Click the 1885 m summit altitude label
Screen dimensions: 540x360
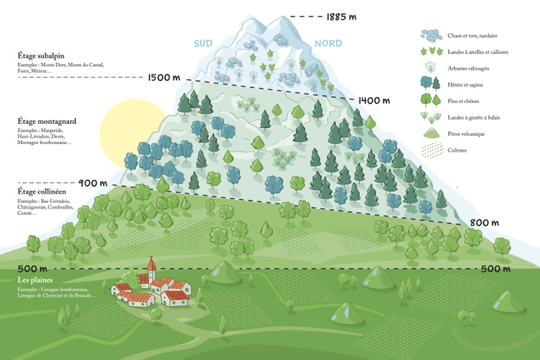tap(341, 17)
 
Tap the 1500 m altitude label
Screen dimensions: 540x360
tap(163, 77)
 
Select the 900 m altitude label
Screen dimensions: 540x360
tap(92, 183)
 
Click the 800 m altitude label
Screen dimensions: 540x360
tap(485, 223)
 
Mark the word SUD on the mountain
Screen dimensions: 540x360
tap(205, 43)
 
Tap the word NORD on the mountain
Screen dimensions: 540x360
tap(328, 43)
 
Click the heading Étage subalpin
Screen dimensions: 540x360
tap(40, 56)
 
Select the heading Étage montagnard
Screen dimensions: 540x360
tap(47, 121)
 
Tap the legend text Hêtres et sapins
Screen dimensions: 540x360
tap(465, 84)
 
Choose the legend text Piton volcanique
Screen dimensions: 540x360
tap(466, 133)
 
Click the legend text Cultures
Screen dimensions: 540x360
tap(457, 150)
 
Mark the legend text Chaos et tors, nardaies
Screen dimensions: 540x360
tap(472, 35)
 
